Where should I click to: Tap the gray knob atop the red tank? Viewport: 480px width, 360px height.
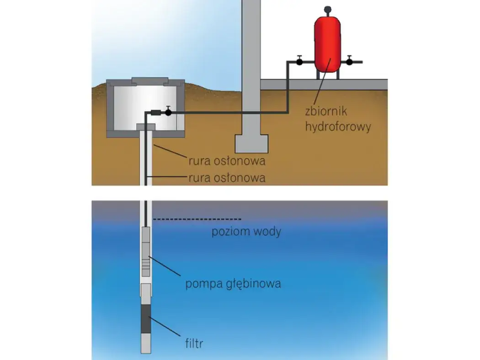click(x=327, y=8)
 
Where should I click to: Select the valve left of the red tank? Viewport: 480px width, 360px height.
click(x=299, y=62)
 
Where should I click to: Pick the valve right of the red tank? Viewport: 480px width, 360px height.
click(x=349, y=62)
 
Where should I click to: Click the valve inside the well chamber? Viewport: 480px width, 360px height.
click(x=168, y=112)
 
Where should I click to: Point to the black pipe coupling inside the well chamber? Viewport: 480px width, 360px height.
click(x=156, y=112)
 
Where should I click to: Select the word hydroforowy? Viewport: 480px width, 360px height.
click(x=338, y=126)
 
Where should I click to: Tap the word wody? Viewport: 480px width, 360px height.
click(x=267, y=232)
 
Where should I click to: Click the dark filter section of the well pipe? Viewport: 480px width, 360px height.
click(x=145, y=319)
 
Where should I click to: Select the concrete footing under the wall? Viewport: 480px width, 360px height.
click(x=251, y=143)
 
